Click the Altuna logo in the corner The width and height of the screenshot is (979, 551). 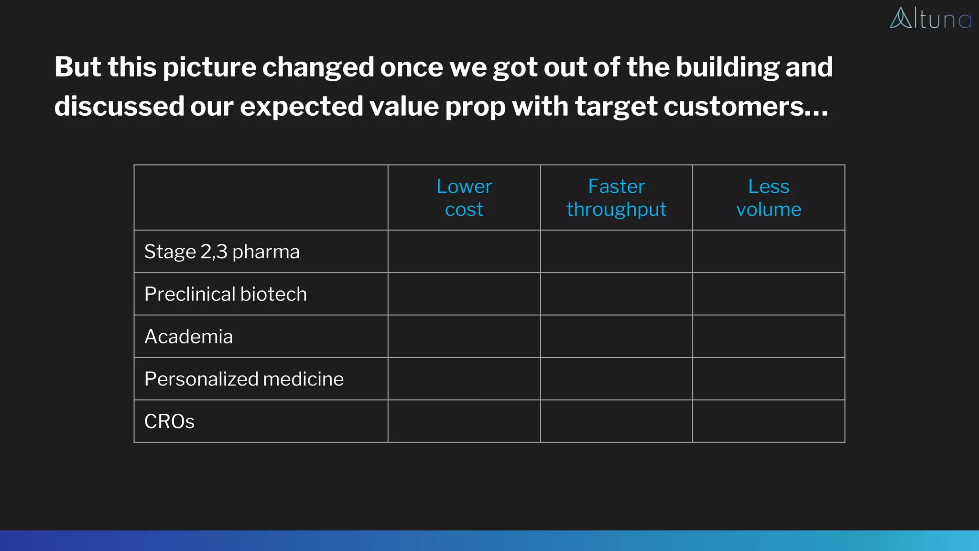(x=930, y=19)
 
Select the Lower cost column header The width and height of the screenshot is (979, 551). (x=464, y=198)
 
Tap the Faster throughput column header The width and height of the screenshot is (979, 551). (x=616, y=198)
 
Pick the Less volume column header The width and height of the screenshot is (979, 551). (x=768, y=198)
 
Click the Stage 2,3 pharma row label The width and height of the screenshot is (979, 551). (x=222, y=252)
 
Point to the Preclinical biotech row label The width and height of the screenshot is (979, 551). (x=225, y=294)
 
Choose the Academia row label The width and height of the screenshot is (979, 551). (x=188, y=337)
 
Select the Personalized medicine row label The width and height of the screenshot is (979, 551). (x=244, y=379)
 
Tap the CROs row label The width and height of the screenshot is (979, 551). (x=169, y=421)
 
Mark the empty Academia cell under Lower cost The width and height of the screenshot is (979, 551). (x=464, y=336)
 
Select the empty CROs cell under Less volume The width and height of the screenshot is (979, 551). (x=768, y=421)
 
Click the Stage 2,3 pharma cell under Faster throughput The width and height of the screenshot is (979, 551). (x=616, y=252)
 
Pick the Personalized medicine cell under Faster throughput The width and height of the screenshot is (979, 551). (x=616, y=379)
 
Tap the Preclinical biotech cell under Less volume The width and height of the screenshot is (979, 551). (x=768, y=294)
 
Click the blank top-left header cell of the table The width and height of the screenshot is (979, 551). (x=261, y=198)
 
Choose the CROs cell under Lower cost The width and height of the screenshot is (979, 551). (x=464, y=421)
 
